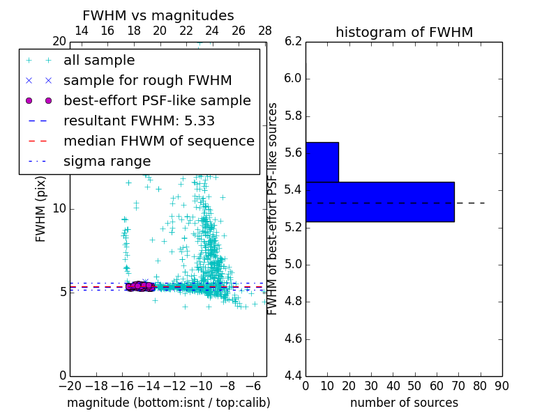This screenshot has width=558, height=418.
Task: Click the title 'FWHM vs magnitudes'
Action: tap(158, 16)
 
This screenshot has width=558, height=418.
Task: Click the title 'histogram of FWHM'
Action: tap(404, 32)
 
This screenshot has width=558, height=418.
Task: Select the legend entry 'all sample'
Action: tap(99, 61)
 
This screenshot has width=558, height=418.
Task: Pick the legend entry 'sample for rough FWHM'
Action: tap(148, 81)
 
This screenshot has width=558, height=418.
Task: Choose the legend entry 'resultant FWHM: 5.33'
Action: tap(144, 121)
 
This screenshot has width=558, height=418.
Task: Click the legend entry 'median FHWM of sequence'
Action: tap(159, 141)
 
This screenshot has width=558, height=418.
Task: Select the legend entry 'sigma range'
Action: tap(107, 162)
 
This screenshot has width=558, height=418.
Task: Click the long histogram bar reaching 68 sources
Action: tap(379, 201)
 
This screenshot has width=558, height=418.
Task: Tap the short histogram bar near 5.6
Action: tap(322, 162)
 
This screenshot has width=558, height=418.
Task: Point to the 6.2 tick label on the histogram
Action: tap(294, 41)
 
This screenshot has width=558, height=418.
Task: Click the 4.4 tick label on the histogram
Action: tap(294, 376)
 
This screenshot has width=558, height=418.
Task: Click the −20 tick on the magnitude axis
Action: tap(70, 386)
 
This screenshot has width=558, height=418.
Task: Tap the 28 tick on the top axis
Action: tap(265, 31)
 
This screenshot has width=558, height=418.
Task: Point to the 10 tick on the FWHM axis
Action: tap(60, 208)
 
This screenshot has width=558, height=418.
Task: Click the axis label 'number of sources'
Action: tap(404, 403)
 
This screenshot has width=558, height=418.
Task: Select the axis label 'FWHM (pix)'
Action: tap(41, 209)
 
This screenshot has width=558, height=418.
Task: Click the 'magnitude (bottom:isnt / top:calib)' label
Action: tap(168, 403)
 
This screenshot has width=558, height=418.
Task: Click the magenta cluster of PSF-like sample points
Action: tap(140, 286)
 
